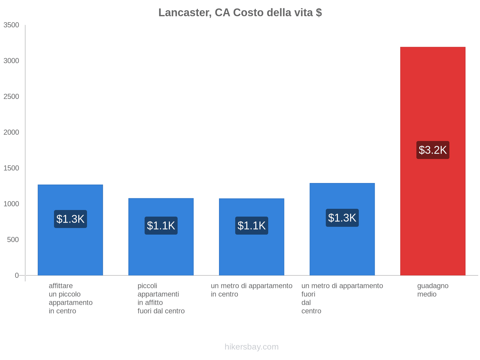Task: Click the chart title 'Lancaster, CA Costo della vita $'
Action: click(x=240, y=13)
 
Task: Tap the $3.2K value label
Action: click(x=433, y=150)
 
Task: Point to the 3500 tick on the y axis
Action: click(x=11, y=25)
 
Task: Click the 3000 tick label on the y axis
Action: click(x=11, y=61)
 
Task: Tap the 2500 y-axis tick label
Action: click(x=11, y=97)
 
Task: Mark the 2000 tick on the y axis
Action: click(x=11, y=132)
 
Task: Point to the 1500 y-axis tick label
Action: click(x=11, y=168)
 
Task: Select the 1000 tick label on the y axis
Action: click(x=11, y=204)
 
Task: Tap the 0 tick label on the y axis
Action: click(x=17, y=275)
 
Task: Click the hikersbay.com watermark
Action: click(x=251, y=347)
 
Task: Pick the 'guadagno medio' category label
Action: click(x=433, y=290)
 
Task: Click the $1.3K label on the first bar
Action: click(x=70, y=219)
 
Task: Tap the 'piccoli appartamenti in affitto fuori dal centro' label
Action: click(x=161, y=298)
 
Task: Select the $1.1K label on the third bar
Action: click(x=251, y=226)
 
